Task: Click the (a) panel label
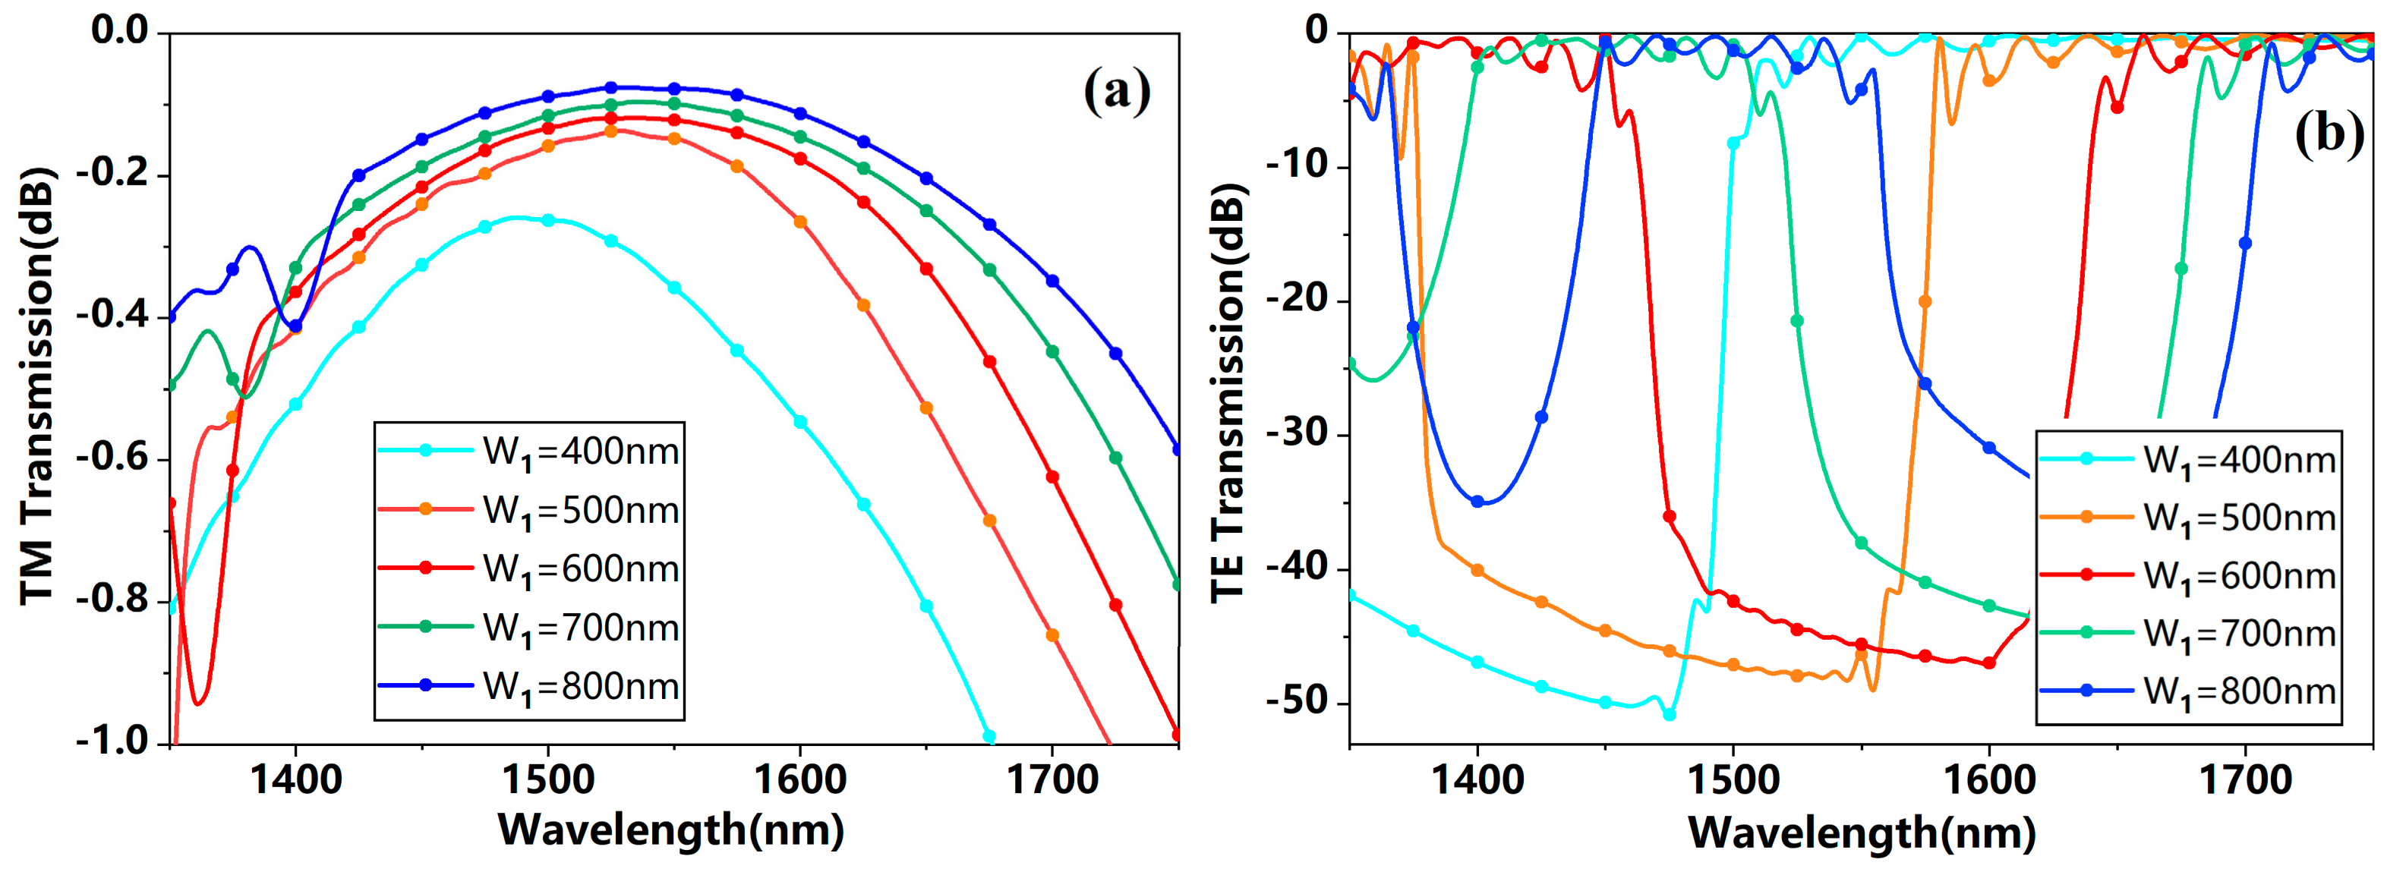[1118, 92]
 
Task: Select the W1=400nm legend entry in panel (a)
[529, 452]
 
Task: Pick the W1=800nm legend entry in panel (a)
[529, 686]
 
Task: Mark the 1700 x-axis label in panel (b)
[2244, 780]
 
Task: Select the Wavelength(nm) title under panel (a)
[671, 830]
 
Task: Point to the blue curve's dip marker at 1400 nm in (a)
[295, 326]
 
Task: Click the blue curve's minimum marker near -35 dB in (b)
[1477, 502]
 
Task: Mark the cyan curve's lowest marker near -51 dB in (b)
[1669, 714]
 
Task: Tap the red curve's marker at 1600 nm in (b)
[1988, 663]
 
